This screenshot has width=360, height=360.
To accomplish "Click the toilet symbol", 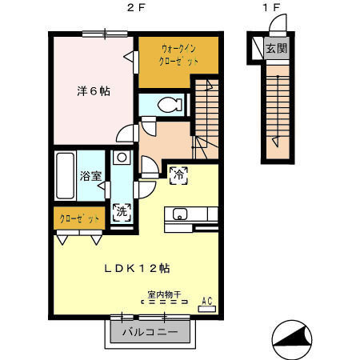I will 166,104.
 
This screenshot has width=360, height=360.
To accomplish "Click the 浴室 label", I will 90,176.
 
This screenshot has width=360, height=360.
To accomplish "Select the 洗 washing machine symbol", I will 122,214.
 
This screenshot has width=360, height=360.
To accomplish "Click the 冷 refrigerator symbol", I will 178,172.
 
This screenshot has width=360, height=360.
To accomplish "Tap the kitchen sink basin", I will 178,214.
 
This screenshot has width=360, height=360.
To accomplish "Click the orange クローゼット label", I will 79,218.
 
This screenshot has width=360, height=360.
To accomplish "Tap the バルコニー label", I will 151,332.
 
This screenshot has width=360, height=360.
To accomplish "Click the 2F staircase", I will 206,116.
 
